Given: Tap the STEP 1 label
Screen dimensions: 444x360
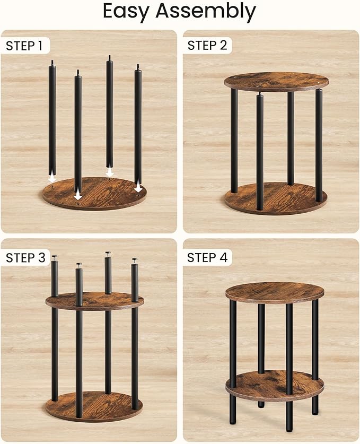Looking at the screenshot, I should click(24, 46).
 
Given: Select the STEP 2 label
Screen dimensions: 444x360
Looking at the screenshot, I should click(207, 46).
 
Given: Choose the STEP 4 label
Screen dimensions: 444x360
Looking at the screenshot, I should click(207, 258).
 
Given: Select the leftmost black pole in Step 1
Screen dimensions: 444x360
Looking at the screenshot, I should click(52, 117).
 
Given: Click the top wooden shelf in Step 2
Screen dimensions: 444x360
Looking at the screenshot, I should click(276, 81).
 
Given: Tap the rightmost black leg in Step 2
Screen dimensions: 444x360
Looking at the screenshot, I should click(319, 143).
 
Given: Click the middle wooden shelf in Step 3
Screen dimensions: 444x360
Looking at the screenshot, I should click(94, 301).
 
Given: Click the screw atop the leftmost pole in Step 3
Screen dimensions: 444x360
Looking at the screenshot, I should click(55, 257).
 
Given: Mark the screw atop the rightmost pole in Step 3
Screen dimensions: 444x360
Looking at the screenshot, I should click(135, 260).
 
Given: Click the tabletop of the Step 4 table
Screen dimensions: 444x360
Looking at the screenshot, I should click(274, 292).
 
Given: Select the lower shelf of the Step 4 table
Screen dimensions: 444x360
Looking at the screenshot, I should click(274, 385).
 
